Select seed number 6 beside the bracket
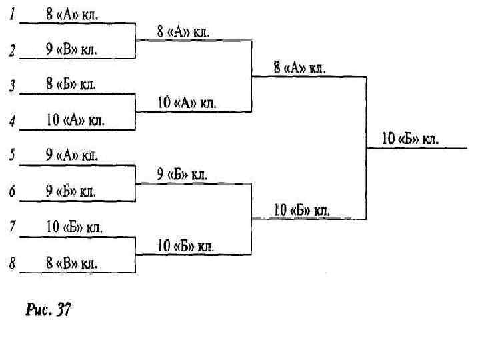click(12, 192)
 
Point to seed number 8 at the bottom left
click(12, 263)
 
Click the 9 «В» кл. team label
click(72, 49)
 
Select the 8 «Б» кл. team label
click(71, 85)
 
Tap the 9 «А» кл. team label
click(72, 156)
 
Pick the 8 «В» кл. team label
click(72, 263)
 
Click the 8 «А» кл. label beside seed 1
click(72, 14)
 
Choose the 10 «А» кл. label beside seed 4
click(75, 121)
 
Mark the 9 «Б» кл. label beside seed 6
click(72, 191)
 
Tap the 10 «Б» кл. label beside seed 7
click(75, 227)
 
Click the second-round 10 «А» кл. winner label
click(187, 103)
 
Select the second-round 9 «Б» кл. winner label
click(183, 175)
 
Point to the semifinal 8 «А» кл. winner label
click(299, 68)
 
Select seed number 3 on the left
click(12, 85)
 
